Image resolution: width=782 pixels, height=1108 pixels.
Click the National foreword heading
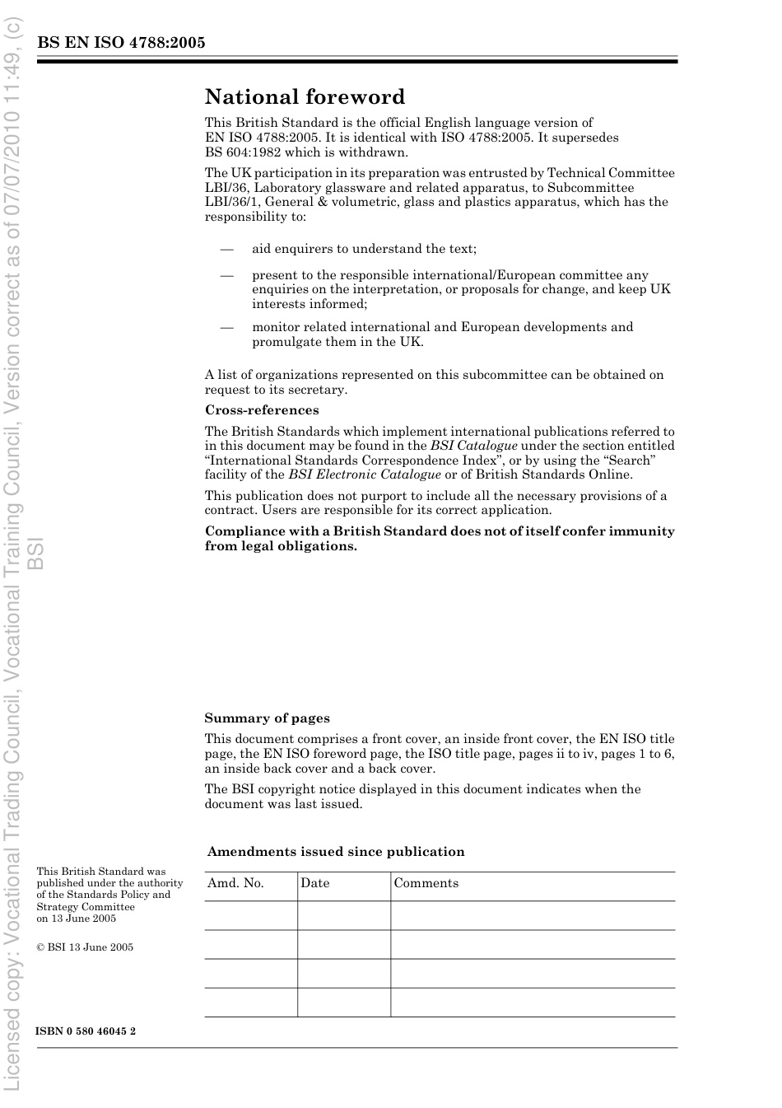(x=305, y=97)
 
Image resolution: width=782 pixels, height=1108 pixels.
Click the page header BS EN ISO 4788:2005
(x=120, y=44)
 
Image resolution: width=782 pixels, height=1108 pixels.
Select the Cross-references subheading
(x=262, y=410)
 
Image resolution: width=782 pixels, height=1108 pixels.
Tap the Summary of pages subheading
(x=267, y=718)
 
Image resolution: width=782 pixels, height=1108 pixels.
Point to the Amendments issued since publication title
(x=336, y=852)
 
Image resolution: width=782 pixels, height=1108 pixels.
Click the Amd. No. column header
(x=235, y=883)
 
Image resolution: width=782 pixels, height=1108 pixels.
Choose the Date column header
(x=314, y=883)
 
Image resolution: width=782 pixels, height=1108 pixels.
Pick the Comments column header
(x=426, y=883)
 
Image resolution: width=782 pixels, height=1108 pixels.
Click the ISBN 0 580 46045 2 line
(x=86, y=1031)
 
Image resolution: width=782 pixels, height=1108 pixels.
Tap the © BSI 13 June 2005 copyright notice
(x=85, y=947)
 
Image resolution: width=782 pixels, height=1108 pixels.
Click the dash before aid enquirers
(x=226, y=249)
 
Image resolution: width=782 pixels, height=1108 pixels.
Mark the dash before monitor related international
(x=226, y=327)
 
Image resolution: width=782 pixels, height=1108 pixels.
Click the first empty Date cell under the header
(x=343, y=915)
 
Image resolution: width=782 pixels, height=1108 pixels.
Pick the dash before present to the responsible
(x=226, y=275)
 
